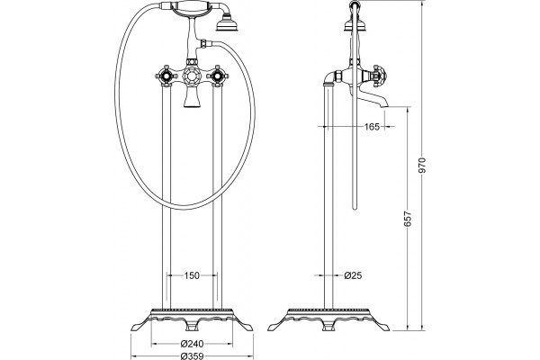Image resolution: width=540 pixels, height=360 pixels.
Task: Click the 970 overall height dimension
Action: point(423,165)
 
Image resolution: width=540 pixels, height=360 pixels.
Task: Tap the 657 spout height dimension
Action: point(408,219)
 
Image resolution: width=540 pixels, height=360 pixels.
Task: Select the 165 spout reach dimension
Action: point(372,127)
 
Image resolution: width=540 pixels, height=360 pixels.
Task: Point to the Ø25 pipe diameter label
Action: point(353,275)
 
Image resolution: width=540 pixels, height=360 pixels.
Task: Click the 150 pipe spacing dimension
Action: point(192,275)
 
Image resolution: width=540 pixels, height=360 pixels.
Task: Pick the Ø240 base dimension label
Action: point(193,344)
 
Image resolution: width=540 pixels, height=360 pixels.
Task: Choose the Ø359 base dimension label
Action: point(193,356)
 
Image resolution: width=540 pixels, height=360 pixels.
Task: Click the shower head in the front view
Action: point(228,23)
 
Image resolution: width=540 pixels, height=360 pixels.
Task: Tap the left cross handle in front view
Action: point(165,75)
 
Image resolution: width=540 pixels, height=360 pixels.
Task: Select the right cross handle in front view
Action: point(217,75)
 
